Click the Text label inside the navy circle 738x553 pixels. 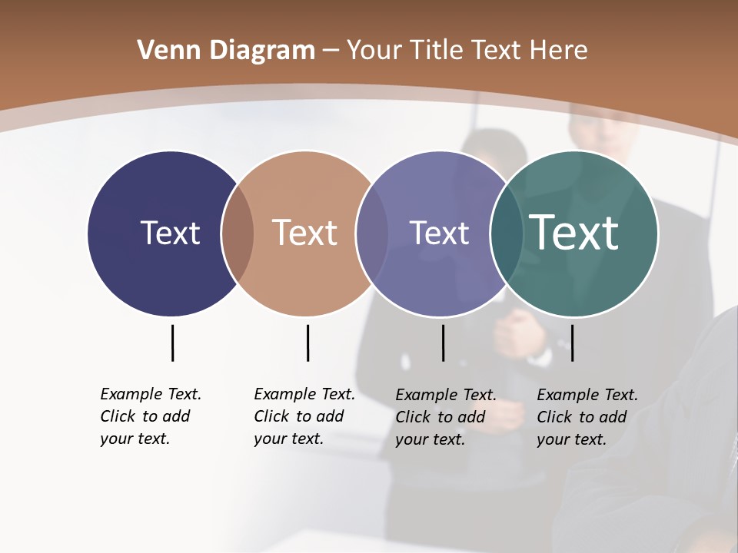pyautogui.click(x=170, y=233)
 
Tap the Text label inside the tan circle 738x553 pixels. pyautogui.click(x=305, y=233)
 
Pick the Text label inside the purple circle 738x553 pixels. pyautogui.click(x=439, y=233)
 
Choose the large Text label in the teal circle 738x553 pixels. pyautogui.click(x=574, y=233)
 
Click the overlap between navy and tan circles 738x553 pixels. pyautogui.click(x=238, y=233)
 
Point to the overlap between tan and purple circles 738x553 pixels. pyautogui.click(x=372, y=233)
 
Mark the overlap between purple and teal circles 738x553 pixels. pyautogui.click(x=507, y=233)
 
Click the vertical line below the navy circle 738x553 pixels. pyautogui.click(x=172, y=343)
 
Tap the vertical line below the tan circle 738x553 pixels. pyautogui.click(x=307, y=343)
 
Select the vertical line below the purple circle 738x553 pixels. pyautogui.click(x=443, y=343)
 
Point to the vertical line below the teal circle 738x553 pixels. pyautogui.click(x=573, y=343)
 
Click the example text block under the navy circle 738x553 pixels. pyautogui.click(x=151, y=416)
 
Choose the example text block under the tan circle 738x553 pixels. pyautogui.click(x=304, y=416)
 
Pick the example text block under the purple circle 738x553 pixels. pyautogui.click(x=446, y=417)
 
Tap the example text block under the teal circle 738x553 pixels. pyautogui.click(x=587, y=417)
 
